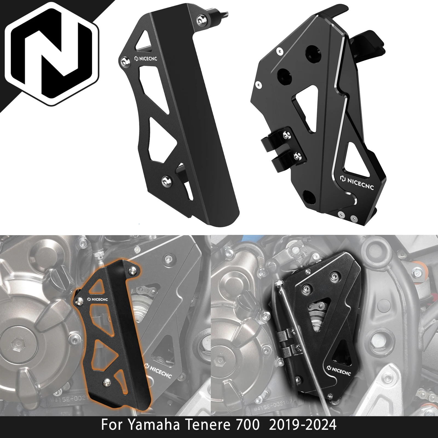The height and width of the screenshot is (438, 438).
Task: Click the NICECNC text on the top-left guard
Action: [x=146, y=59]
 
